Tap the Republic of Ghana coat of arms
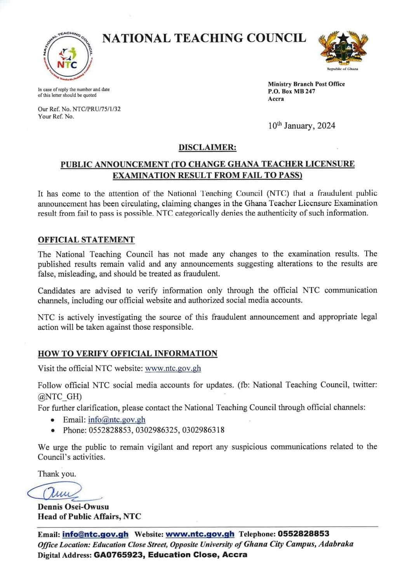(x=343, y=49)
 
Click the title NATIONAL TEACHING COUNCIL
(x=204, y=38)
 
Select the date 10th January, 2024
(x=301, y=126)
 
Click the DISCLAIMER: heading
(x=207, y=147)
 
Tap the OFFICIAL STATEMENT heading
(x=86, y=240)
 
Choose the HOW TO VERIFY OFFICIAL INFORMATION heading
(x=127, y=354)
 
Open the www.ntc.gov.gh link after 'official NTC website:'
(x=173, y=368)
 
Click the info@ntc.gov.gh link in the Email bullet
(x=117, y=419)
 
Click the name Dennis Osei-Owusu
(x=73, y=507)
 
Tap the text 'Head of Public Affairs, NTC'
(x=89, y=517)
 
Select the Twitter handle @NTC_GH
(x=60, y=396)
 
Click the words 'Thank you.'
(x=57, y=474)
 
